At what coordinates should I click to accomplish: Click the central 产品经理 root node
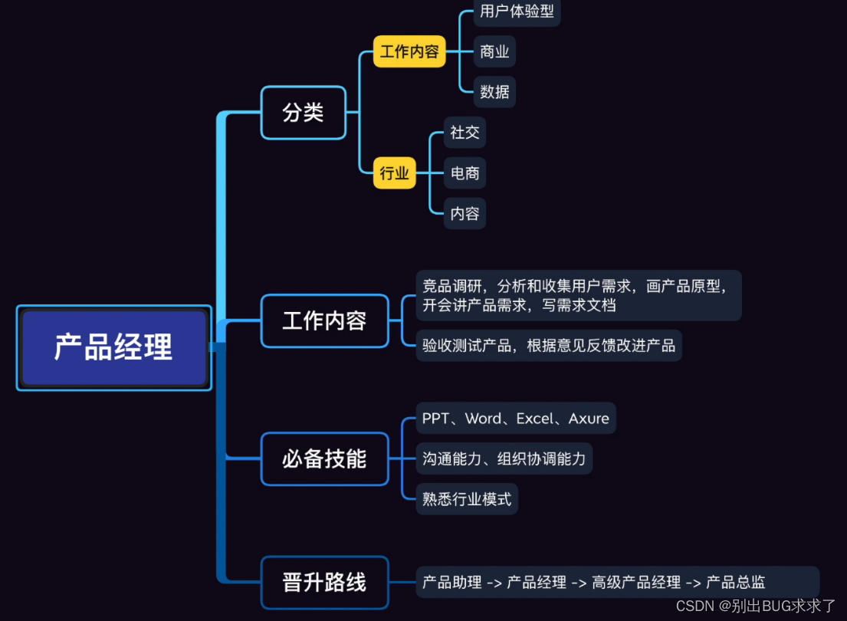(113, 347)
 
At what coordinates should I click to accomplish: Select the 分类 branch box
(303, 113)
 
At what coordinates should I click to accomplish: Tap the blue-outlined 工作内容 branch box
(324, 320)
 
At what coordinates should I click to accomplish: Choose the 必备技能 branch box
(324, 459)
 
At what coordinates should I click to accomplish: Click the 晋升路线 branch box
(324, 583)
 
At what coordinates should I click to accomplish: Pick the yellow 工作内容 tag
(409, 51)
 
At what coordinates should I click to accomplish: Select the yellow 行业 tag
(394, 173)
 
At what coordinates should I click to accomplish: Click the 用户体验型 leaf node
(517, 11)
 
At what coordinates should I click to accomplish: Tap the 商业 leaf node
(494, 51)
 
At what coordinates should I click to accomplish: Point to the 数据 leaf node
(494, 92)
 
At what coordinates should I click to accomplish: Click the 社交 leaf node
(465, 133)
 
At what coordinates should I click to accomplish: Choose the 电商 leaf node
(465, 173)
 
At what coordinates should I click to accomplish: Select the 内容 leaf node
(465, 214)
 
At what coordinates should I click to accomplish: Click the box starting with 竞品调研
(578, 295)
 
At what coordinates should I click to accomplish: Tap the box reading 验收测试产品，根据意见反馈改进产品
(548, 346)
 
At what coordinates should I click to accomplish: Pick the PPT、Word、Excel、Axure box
(515, 419)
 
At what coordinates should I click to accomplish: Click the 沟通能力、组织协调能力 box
(504, 459)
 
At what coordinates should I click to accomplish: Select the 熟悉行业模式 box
(466, 499)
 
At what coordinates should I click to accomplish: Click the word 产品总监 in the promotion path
(735, 583)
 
